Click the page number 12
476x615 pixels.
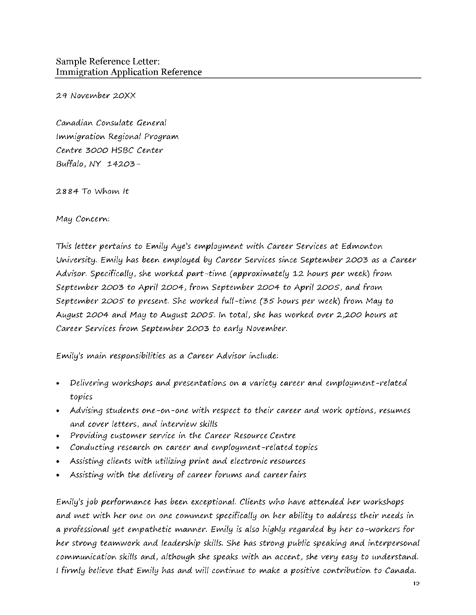[x=417, y=592]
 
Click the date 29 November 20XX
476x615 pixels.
[x=96, y=96]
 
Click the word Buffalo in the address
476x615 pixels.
[x=70, y=164]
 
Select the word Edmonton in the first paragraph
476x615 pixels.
[x=362, y=246]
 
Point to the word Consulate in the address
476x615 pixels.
[x=114, y=123]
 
